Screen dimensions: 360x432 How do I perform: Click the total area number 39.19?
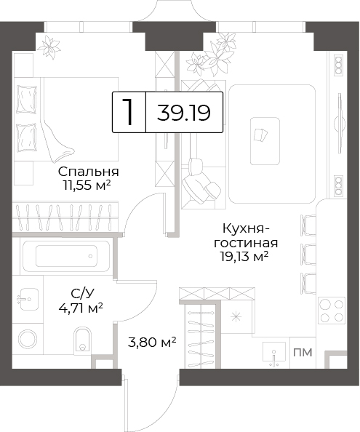pos(184,113)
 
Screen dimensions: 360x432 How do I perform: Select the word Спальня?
pos(89,172)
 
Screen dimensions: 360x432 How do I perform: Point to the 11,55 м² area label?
pos(87,185)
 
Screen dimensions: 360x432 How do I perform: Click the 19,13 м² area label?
pos(244,257)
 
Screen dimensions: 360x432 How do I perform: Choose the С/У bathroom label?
pos(82,294)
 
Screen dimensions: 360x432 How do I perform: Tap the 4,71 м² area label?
pos(81,308)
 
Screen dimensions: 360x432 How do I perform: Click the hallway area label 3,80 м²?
pos(152,343)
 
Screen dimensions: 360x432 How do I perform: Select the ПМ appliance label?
pos(303,353)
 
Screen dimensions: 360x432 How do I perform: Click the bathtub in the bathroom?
pos(66,256)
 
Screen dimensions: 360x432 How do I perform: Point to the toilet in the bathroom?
pos(82,340)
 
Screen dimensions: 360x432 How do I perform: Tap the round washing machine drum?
pos(28,340)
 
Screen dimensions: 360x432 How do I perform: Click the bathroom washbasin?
pos(28,300)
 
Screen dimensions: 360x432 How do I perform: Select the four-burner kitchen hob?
pos(332,311)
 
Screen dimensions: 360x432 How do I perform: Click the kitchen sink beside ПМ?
pos(273,354)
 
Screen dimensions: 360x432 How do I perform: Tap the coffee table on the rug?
pos(265,141)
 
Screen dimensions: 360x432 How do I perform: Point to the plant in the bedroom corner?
pos(49,47)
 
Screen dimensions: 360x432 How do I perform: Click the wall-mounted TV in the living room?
pos(340,123)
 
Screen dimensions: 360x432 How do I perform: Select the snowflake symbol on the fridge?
pos(236,317)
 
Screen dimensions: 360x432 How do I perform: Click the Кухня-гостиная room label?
pos(246,236)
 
